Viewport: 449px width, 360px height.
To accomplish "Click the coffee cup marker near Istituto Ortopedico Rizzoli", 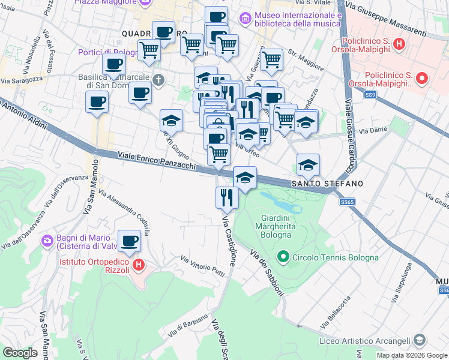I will click(x=129, y=241).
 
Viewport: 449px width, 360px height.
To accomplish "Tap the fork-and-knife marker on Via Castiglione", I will click(x=227, y=197).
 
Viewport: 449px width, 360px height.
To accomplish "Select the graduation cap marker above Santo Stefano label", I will click(x=308, y=164).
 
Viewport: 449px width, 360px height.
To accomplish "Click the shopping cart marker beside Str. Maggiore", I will click(x=271, y=59).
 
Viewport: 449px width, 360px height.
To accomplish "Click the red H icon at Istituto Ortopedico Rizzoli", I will click(x=138, y=264).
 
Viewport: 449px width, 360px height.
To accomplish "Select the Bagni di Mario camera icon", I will click(x=47, y=241).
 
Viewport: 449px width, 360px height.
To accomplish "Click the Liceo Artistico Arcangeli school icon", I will click(x=420, y=340).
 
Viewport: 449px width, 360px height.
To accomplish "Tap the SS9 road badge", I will click(x=370, y=95).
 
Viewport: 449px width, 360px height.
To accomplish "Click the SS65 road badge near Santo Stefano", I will click(x=346, y=202).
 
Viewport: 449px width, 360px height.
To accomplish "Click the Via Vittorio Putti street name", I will click(x=202, y=265).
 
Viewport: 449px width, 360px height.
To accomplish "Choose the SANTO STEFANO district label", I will click(x=327, y=183).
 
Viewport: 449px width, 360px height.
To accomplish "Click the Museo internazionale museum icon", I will click(x=245, y=19).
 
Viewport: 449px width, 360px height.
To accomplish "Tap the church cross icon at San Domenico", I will click(x=158, y=80).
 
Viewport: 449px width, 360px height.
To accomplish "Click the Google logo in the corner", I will click(x=20, y=352).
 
